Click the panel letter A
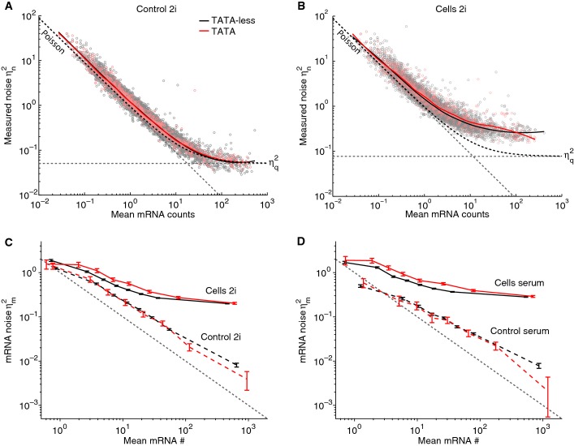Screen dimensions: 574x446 (7, 6)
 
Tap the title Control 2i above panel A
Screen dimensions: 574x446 (157, 9)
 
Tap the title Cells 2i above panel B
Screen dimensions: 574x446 (451, 9)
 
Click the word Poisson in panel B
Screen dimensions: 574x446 (348, 42)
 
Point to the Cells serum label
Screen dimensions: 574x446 (519, 283)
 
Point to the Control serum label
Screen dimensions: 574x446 (520, 331)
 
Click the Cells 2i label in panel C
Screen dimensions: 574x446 (220, 291)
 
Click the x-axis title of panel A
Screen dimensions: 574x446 (153, 215)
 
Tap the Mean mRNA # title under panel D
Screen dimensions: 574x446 (448, 441)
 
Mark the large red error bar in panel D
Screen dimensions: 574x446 (548, 397)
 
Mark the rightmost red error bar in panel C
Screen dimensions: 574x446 (247, 381)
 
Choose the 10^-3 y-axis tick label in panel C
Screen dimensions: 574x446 (29, 405)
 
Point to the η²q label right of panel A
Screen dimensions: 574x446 (274, 163)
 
